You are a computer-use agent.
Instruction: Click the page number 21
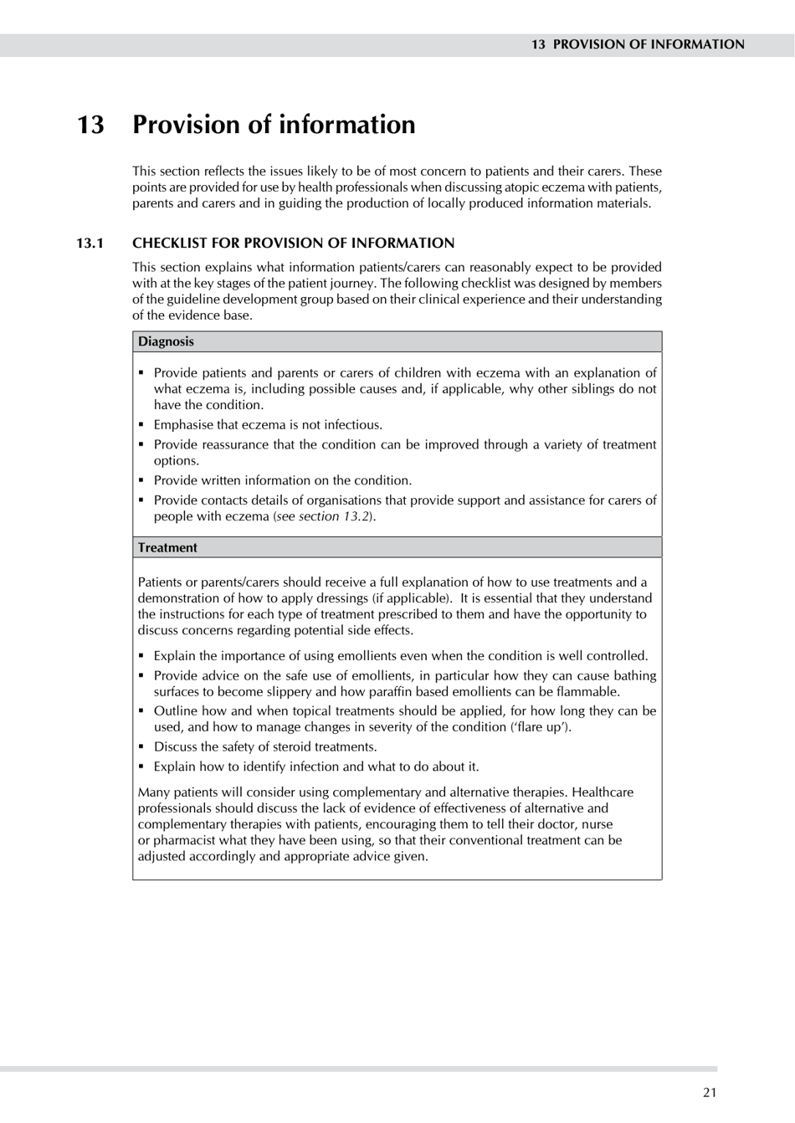pos(710,1091)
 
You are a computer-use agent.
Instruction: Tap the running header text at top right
pos(637,44)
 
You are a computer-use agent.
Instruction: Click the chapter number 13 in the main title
pos(90,125)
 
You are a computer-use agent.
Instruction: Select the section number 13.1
pos(90,244)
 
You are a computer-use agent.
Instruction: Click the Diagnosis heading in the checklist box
pos(166,341)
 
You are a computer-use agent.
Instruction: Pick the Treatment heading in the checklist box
pos(167,547)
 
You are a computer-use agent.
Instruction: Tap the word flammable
pos(589,692)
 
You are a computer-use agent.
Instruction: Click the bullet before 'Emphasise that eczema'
pos(142,425)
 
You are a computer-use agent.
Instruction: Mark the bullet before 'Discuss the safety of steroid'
pos(142,747)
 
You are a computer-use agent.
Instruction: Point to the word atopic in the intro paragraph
pos(523,187)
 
